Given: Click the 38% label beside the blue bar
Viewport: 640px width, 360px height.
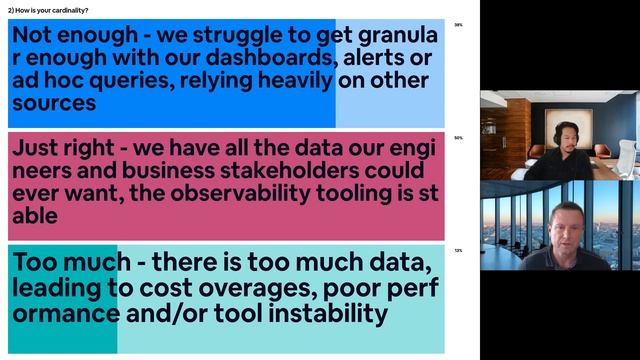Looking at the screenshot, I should click(x=458, y=25).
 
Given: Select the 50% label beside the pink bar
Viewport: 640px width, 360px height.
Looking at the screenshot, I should click(x=458, y=138).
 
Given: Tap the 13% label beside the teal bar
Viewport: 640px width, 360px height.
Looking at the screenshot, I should click(x=458, y=251).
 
